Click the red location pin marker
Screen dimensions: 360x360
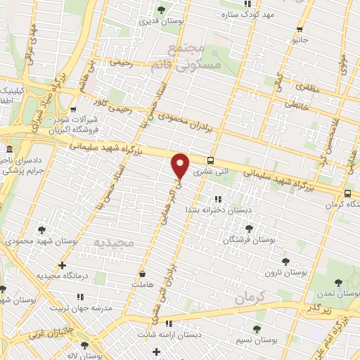pos(181,165)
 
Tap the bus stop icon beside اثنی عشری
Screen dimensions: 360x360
pos(212,160)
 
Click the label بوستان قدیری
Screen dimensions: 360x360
pos(162,21)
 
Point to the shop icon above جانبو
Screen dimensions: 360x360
pos(300,30)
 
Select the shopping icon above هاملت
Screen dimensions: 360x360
pos(143,274)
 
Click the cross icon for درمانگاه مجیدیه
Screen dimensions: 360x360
pos(63,266)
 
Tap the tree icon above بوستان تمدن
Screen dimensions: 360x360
pos(339,282)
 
